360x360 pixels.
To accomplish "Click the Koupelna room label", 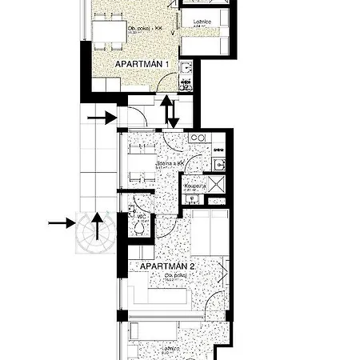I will tap(195, 186).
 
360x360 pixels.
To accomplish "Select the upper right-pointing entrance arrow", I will tap(102, 118).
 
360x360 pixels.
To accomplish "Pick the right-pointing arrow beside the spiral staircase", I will tap(60, 222).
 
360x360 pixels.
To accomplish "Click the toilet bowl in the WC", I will tap(141, 229).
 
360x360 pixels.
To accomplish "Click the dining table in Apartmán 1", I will tap(110, 33).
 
